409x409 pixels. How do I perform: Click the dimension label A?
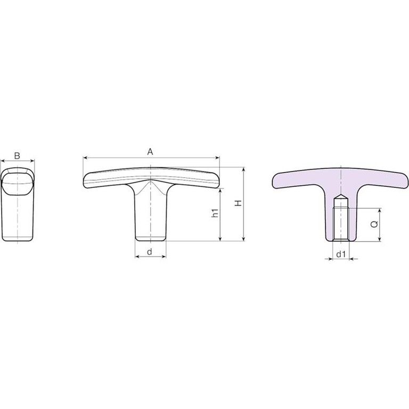point(150,152)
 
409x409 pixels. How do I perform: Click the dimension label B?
point(17,156)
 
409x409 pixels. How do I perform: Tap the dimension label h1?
point(215,213)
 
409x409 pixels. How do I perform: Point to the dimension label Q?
point(374,224)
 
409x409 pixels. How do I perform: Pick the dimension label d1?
point(341,254)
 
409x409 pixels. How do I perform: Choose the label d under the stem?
point(150,252)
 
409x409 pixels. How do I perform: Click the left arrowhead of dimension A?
point(85,158)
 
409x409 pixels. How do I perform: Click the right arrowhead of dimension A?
point(217,158)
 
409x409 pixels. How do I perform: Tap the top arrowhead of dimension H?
point(244,170)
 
